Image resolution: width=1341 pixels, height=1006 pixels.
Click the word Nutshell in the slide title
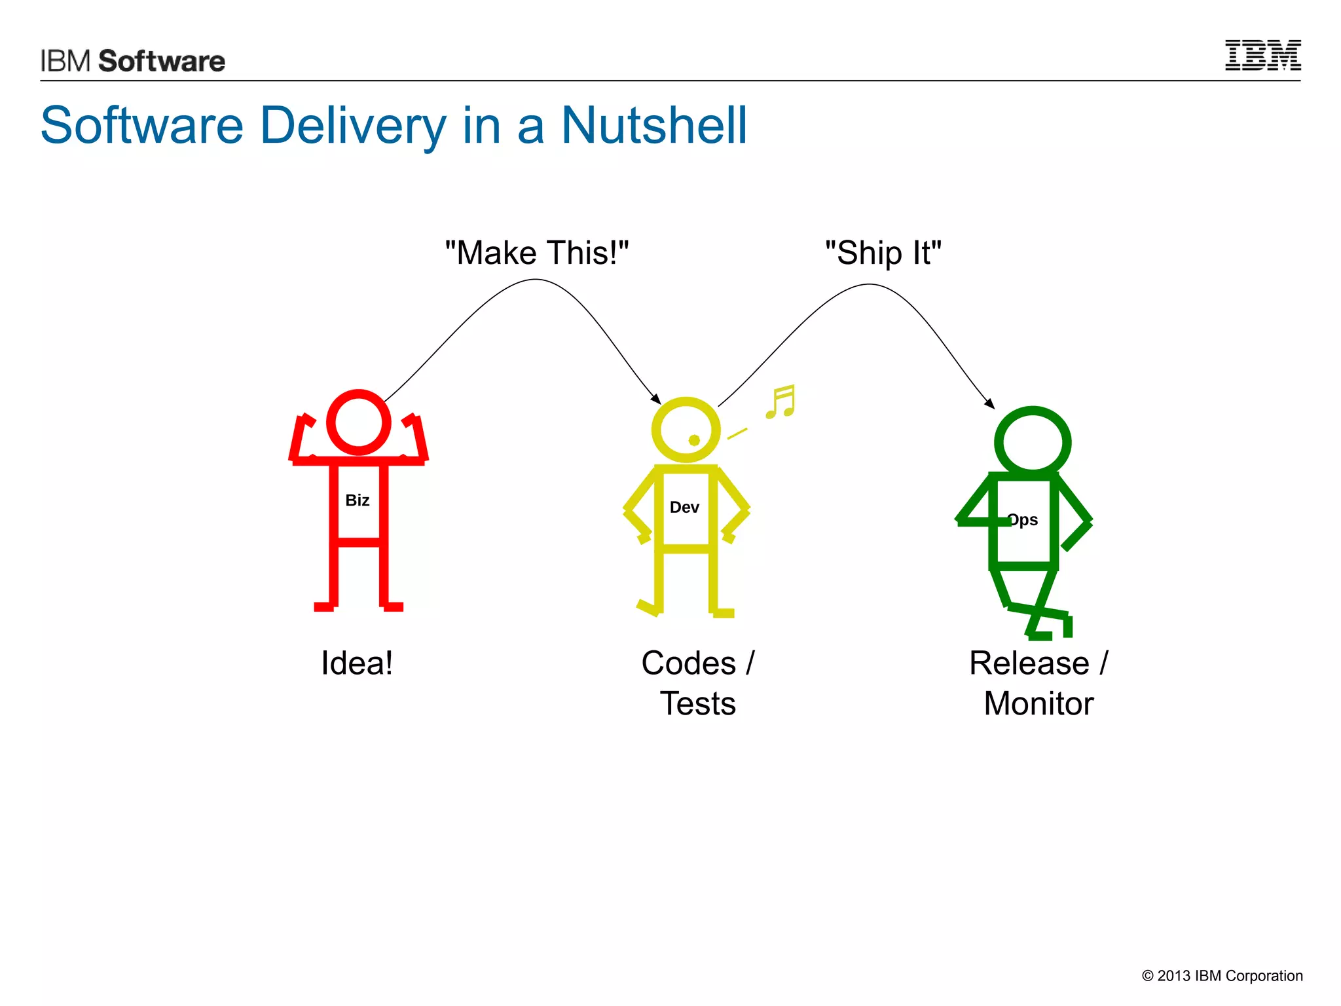click(654, 125)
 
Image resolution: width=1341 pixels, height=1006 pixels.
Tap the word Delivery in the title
click(353, 125)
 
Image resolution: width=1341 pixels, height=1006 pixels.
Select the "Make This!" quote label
click(536, 253)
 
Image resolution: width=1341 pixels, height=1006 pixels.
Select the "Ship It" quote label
click(883, 253)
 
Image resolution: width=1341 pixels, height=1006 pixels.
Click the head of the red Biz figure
click(359, 422)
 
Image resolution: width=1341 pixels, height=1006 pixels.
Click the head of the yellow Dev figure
click(685, 429)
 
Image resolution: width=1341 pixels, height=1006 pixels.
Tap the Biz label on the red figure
click(358, 500)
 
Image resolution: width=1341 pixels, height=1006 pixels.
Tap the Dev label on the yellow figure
click(684, 508)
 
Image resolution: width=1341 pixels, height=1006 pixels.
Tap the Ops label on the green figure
click(1023, 520)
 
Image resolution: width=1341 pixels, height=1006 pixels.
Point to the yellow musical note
click(781, 401)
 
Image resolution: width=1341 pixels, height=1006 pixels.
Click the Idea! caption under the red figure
click(357, 663)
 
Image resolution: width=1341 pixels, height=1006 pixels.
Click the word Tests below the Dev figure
click(697, 704)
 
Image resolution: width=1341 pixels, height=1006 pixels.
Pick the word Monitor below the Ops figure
click(1038, 704)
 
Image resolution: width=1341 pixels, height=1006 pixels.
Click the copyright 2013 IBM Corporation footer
click(1222, 976)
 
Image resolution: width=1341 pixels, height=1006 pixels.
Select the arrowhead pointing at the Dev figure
click(656, 399)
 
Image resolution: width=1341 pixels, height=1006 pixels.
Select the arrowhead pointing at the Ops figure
click(990, 404)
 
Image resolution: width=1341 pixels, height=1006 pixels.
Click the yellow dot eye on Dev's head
click(694, 440)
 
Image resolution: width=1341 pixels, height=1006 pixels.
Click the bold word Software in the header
click(162, 61)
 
